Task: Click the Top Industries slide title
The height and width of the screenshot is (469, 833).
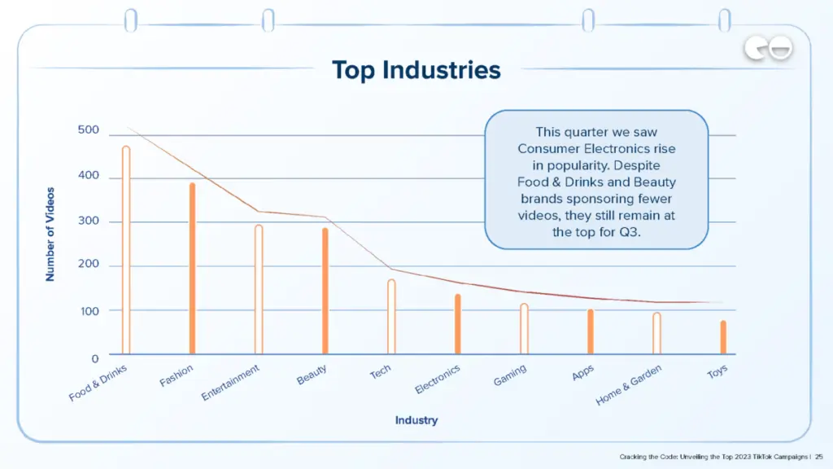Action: [x=416, y=70]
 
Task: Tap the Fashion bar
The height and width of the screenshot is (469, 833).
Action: [x=193, y=269]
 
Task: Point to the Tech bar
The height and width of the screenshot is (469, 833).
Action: [x=391, y=317]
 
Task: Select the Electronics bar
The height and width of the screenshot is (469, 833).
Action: [x=458, y=324]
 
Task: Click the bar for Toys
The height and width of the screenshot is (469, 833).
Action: [x=723, y=337]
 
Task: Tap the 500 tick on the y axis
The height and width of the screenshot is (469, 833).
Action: [x=89, y=130]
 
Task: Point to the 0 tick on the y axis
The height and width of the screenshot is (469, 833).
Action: [x=94, y=357]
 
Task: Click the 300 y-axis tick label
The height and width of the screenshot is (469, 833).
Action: [x=89, y=221]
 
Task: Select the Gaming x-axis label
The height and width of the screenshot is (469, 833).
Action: [x=510, y=376]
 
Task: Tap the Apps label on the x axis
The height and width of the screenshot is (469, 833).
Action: [x=582, y=374]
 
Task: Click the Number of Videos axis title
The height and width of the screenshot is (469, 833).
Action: [x=50, y=234]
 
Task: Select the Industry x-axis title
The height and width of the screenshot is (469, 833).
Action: [x=416, y=420]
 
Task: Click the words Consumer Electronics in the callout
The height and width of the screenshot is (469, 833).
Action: [x=596, y=149]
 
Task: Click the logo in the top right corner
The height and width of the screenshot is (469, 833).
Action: [x=768, y=50]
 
